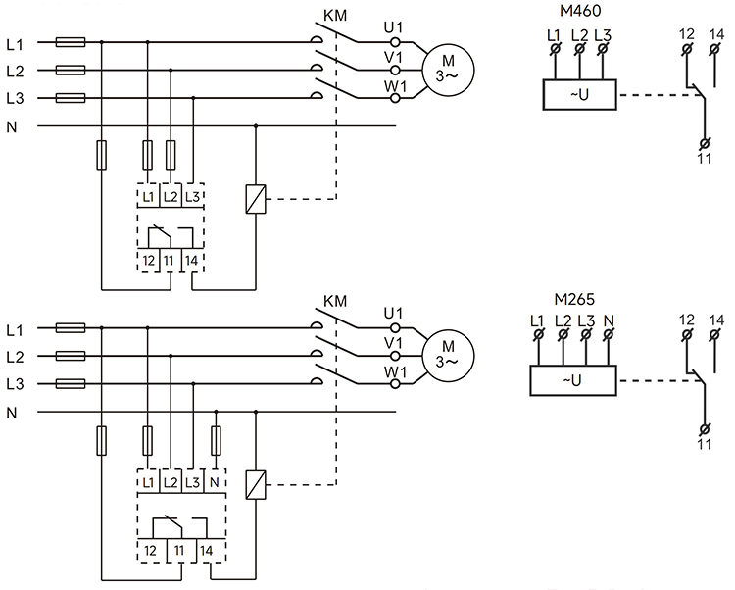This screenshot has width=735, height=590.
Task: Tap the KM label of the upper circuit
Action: pos(335,17)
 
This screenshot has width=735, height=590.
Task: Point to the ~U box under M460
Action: pos(578,93)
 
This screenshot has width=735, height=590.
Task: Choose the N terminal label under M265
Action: pos(610,320)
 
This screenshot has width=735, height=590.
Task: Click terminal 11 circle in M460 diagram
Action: pos(704,144)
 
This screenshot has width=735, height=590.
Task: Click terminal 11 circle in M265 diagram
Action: pos(704,429)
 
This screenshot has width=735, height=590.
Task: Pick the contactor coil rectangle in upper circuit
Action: pos(255,199)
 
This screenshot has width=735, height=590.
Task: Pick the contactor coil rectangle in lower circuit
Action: pos(255,483)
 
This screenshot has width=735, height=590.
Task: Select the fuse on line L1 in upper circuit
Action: pos(72,43)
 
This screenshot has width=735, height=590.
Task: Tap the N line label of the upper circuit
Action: pos(12,126)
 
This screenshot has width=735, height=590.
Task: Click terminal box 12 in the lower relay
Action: pos(149,552)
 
